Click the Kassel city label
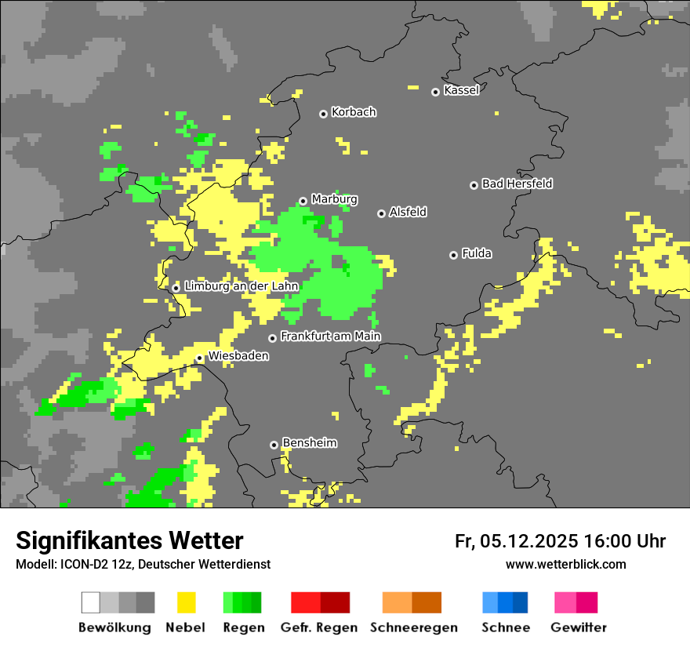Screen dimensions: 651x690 pyautogui.click(x=461, y=90)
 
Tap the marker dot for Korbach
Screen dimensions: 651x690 pyautogui.click(x=323, y=114)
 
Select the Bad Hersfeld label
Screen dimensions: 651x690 pyautogui.click(x=517, y=184)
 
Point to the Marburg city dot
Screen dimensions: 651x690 pyautogui.click(x=303, y=201)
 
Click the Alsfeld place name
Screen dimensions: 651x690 pyautogui.click(x=408, y=212)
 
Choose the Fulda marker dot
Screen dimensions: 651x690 pyautogui.click(x=453, y=255)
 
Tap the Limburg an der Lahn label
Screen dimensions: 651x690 pyautogui.click(x=241, y=286)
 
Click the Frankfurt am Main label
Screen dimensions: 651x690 pyautogui.click(x=330, y=336)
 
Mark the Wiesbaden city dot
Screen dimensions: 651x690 pyautogui.click(x=200, y=358)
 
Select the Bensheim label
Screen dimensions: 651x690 pyautogui.click(x=309, y=443)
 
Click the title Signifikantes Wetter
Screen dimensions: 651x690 pyautogui.click(x=129, y=540)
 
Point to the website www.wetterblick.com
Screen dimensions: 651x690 pyautogui.click(x=565, y=564)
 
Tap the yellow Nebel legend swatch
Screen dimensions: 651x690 pyautogui.click(x=186, y=602)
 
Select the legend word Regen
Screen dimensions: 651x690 pyautogui.click(x=242, y=627)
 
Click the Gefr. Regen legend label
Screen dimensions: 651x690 pyautogui.click(x=319, y=627)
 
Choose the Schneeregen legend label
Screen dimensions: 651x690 pyautogui.click(x=413, y=627)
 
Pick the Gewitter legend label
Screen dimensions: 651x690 pyautogui.click(x=579, y=627)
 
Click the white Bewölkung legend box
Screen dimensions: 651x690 pyautogui.click(x=91, y=602)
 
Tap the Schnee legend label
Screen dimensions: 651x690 pyautogui.click(x=505, y=627)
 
